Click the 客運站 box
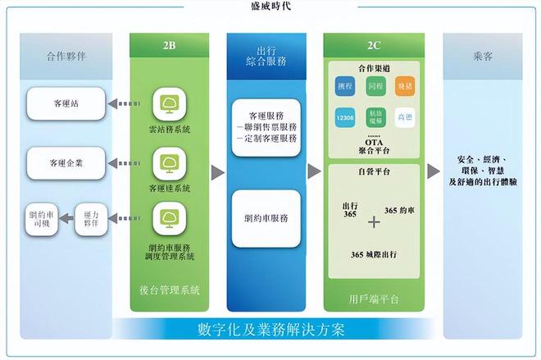[66, 103]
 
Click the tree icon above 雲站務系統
[170, 103]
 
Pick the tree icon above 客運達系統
[170, 162]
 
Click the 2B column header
[170, 45]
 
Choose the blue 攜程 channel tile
[345, 85]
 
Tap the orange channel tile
[406, 85]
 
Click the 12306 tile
[345, 118]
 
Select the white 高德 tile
[406, 118]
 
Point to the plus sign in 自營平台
[375, 221]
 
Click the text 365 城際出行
[374, 255]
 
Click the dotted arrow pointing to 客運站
[124, 103]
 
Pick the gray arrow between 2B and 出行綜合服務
[217, 171]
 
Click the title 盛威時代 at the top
[270, 7]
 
